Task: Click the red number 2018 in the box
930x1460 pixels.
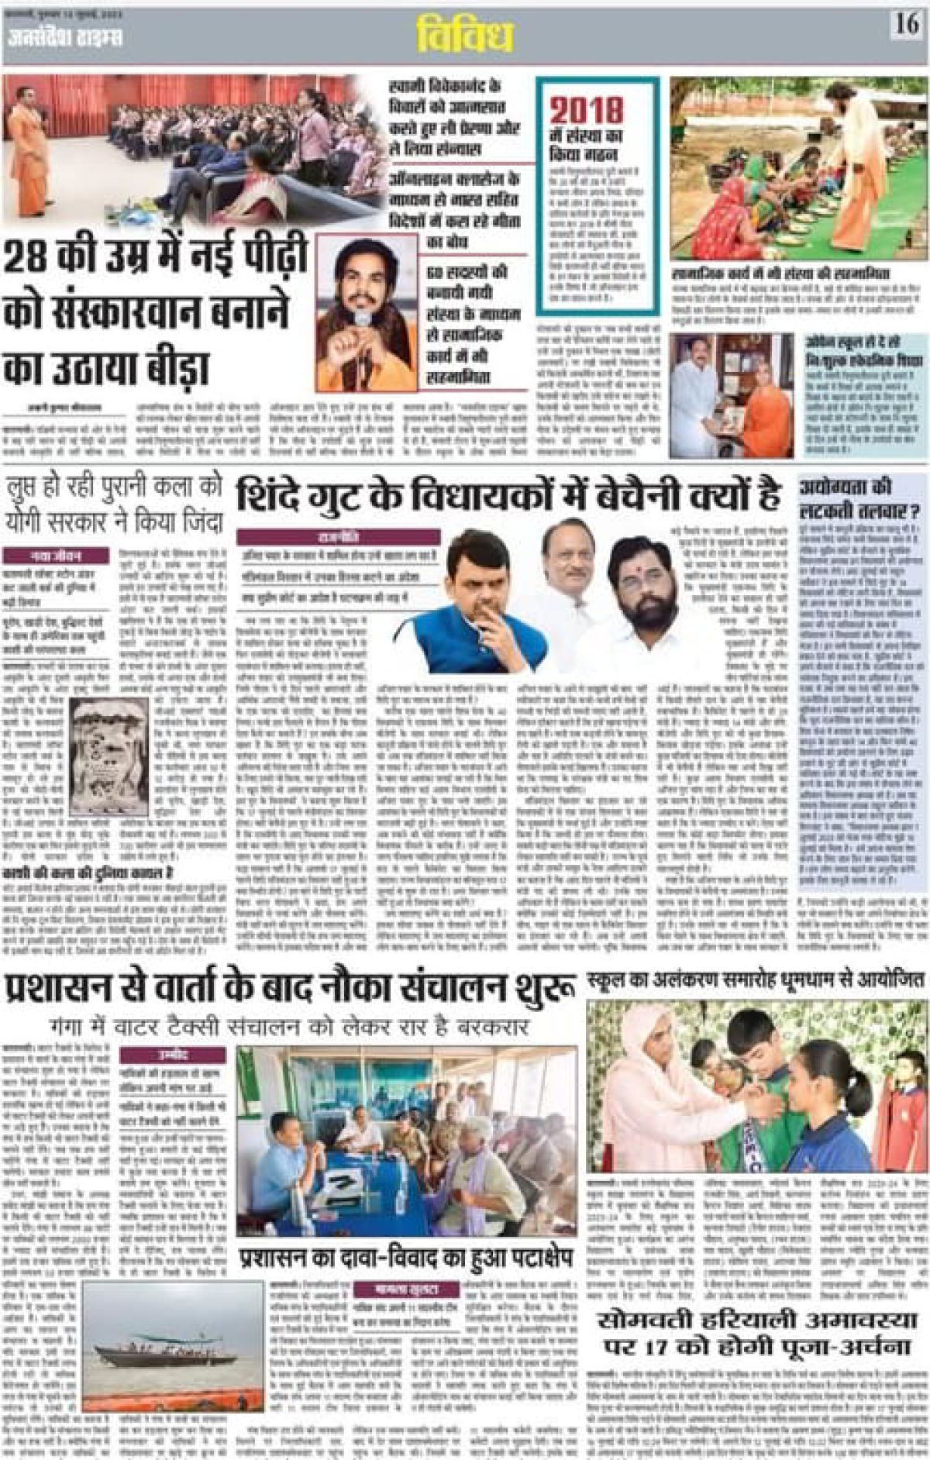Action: click(x=587, y=111)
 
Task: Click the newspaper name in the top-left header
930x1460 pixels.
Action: click(x=65, y=36)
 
